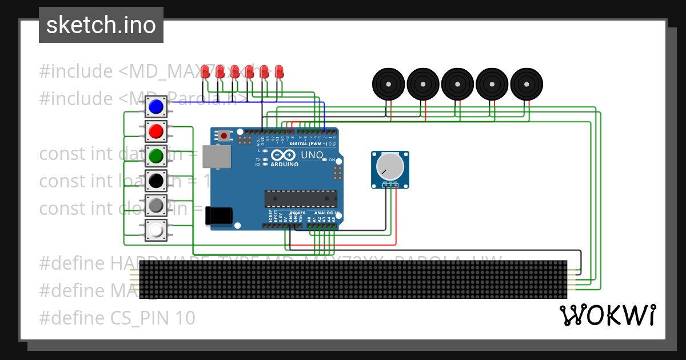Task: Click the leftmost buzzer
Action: coord(389,84)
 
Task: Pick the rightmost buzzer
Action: coord(526,84)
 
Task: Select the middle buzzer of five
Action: coord(457,84)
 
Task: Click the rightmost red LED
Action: coord(279,71)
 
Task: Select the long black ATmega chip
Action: coord(300,198)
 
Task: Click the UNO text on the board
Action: coord(312,155)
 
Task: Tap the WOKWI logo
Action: coord(608,315)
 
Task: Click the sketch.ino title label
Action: coord(101,25)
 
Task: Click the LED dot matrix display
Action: coord(353,279)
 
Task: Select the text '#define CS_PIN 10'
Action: coord(117,318)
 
